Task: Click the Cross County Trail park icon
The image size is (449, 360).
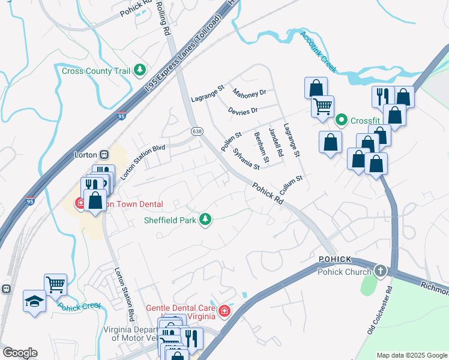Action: [140, 71]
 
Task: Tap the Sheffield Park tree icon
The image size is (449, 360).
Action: [205, 220]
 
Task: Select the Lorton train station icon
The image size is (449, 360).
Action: [103, 154]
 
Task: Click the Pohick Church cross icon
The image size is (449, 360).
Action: [379, 271]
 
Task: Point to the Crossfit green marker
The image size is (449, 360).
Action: [342, 120]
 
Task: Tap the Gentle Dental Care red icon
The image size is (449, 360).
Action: [224, 311]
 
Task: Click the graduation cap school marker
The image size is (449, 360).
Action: [34, 300]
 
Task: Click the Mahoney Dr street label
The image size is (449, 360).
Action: [249, 94]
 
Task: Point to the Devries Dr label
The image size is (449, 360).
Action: [243, 110]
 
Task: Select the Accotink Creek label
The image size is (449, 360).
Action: [319, 53]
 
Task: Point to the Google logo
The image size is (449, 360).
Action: [20, 353]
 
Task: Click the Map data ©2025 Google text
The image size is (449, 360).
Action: [411, 355]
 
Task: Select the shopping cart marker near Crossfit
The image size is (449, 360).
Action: [322, 107]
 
